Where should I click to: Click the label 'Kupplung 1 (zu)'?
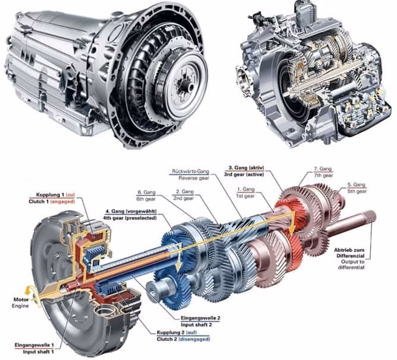[55, 195]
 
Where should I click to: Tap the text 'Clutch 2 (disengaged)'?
[183, 339]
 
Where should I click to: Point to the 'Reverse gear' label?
[194, 178]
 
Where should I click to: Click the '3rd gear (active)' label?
[244, 175]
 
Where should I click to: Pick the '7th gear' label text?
[323, 175]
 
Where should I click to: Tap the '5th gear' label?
[357, 191]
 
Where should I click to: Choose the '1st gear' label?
[245, 195]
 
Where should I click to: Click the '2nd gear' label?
[183, 198]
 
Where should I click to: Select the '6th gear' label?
[146, 199]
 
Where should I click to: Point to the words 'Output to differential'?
[351, 264]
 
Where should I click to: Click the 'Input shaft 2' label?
[196, 325]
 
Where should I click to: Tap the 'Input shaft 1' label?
[38, 352]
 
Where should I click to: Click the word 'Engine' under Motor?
[20, 306]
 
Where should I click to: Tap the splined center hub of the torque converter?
[187, 86]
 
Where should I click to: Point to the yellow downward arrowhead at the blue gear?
[179, 266]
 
